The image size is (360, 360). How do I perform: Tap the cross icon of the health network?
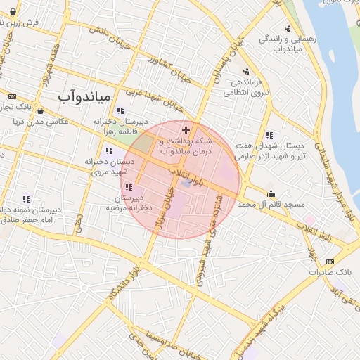(x=186, y=130)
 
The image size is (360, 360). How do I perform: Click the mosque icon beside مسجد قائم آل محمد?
(x=271, y=193)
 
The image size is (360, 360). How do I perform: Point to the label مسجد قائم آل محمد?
(x=271, y=204)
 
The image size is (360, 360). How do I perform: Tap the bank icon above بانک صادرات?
(x=330, y=262)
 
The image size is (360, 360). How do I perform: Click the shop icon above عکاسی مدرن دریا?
(x=40, y=110)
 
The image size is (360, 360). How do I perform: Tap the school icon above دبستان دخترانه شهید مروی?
(x=108, y=150)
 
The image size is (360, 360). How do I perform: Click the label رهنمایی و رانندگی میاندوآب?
(x=275, y=44)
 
